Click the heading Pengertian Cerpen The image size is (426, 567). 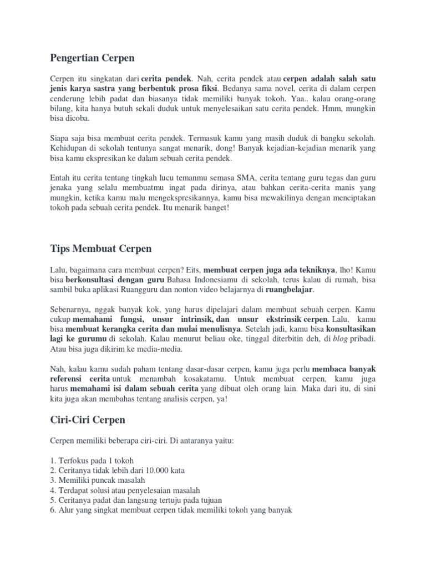[x=92, y=58]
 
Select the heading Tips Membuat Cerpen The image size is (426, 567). [x=100, y=249]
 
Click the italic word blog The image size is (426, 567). [x=340, y=339]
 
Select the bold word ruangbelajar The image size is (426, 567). [x=290, y=289]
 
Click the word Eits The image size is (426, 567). [x=192, y=269]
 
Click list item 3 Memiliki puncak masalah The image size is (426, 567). [x=97, y=480]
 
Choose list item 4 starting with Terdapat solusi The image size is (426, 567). [x=125, y=490]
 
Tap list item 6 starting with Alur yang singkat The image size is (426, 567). [x=171, y=511]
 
